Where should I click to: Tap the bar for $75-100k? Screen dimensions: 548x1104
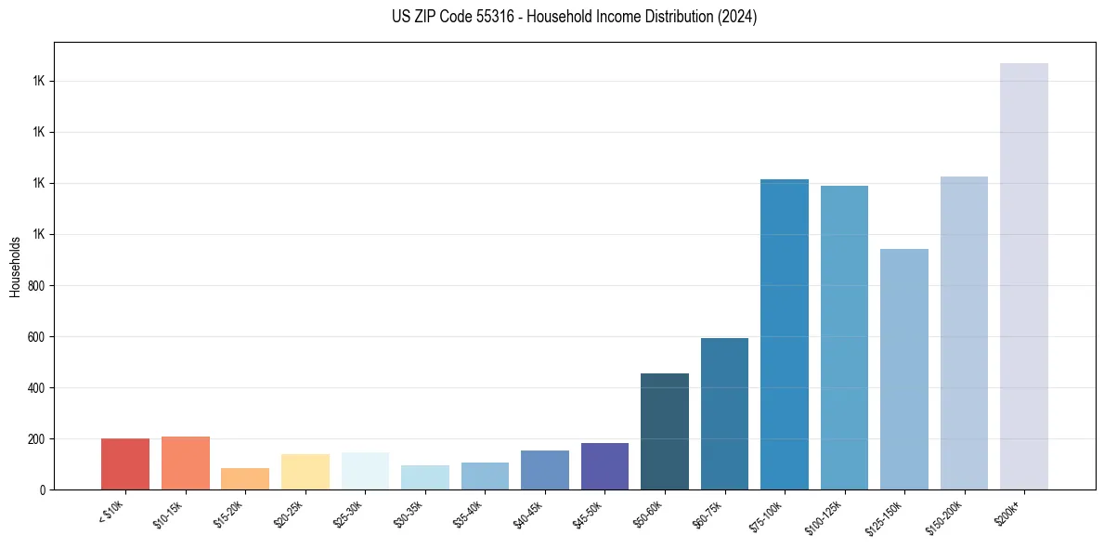(x=784, y=334)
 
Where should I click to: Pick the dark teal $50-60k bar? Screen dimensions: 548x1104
(x=665, y=431)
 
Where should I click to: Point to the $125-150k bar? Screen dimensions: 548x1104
(x=903, y=369)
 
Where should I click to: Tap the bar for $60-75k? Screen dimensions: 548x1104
(x=724, y=413)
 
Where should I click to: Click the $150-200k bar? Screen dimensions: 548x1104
(x=964, y=333)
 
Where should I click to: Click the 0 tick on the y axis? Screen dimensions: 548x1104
(x=43, y=489)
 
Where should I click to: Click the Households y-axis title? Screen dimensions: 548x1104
(x=15, y=266)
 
